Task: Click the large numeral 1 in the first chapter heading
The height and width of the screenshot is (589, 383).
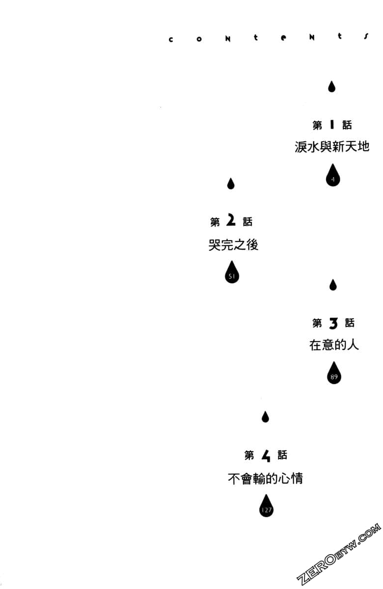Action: point(332,125)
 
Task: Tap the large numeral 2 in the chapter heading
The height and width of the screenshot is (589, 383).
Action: point(231,221)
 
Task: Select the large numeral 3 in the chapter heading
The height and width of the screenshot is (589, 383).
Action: point(333,323)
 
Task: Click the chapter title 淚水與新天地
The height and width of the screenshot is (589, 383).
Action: point(332,146)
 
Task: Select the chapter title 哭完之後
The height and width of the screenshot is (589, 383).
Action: point(233,245)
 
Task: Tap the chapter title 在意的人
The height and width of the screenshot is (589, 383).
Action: point(334,345)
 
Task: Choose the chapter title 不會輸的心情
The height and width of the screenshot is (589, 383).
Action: point(266,478)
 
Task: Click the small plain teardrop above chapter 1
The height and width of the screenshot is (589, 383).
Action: point(332,87)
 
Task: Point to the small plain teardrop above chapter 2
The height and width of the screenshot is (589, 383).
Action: point(231,184)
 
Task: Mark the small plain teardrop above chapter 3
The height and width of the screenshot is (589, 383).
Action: point(333,285)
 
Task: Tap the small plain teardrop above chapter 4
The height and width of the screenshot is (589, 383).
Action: point(265,417)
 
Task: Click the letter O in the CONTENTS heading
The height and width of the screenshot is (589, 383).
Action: point(199,39)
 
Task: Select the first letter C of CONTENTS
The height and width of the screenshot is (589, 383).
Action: point(171,40)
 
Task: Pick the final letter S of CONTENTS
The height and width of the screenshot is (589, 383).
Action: point(366,36)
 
